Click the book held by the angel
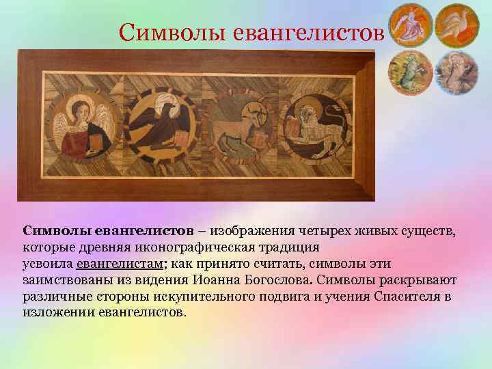[x=97, y=139]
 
